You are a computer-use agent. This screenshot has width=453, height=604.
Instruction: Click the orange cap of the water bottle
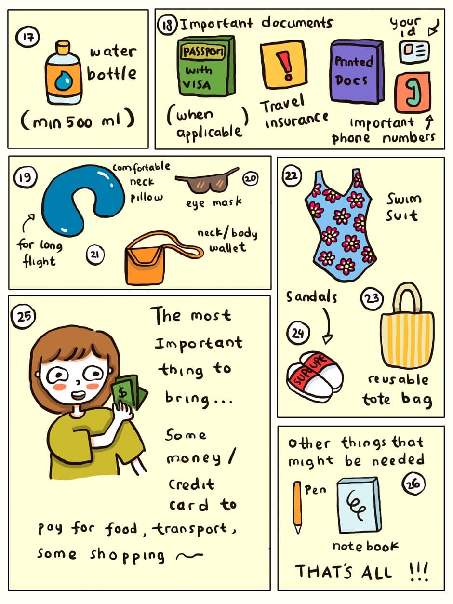click(63, 47)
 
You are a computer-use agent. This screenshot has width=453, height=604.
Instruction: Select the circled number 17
click(27, 37)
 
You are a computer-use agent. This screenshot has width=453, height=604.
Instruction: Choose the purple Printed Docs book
click(357, 71)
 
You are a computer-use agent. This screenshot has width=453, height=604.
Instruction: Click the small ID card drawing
click(414, 52)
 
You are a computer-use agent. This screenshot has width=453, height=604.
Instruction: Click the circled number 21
click(95, 255)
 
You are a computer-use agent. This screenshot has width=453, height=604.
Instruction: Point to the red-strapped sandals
click(314, 376)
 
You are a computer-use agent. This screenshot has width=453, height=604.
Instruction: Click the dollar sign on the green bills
click(122, 391)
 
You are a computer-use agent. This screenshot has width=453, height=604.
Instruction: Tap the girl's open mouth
click(78, 395)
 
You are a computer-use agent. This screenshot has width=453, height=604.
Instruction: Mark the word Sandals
click(311, 296)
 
